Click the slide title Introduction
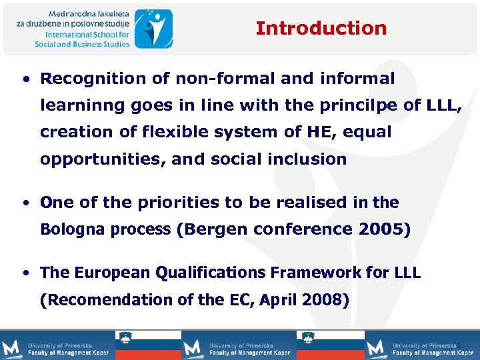point(321,28)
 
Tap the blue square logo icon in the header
point(153,28)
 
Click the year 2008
point(323,300)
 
